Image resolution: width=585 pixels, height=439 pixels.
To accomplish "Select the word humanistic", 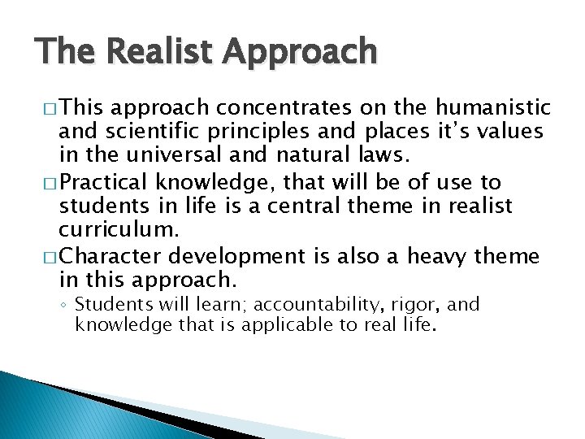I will [493, 107].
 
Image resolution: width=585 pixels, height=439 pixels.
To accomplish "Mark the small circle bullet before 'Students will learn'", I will [64, 306].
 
